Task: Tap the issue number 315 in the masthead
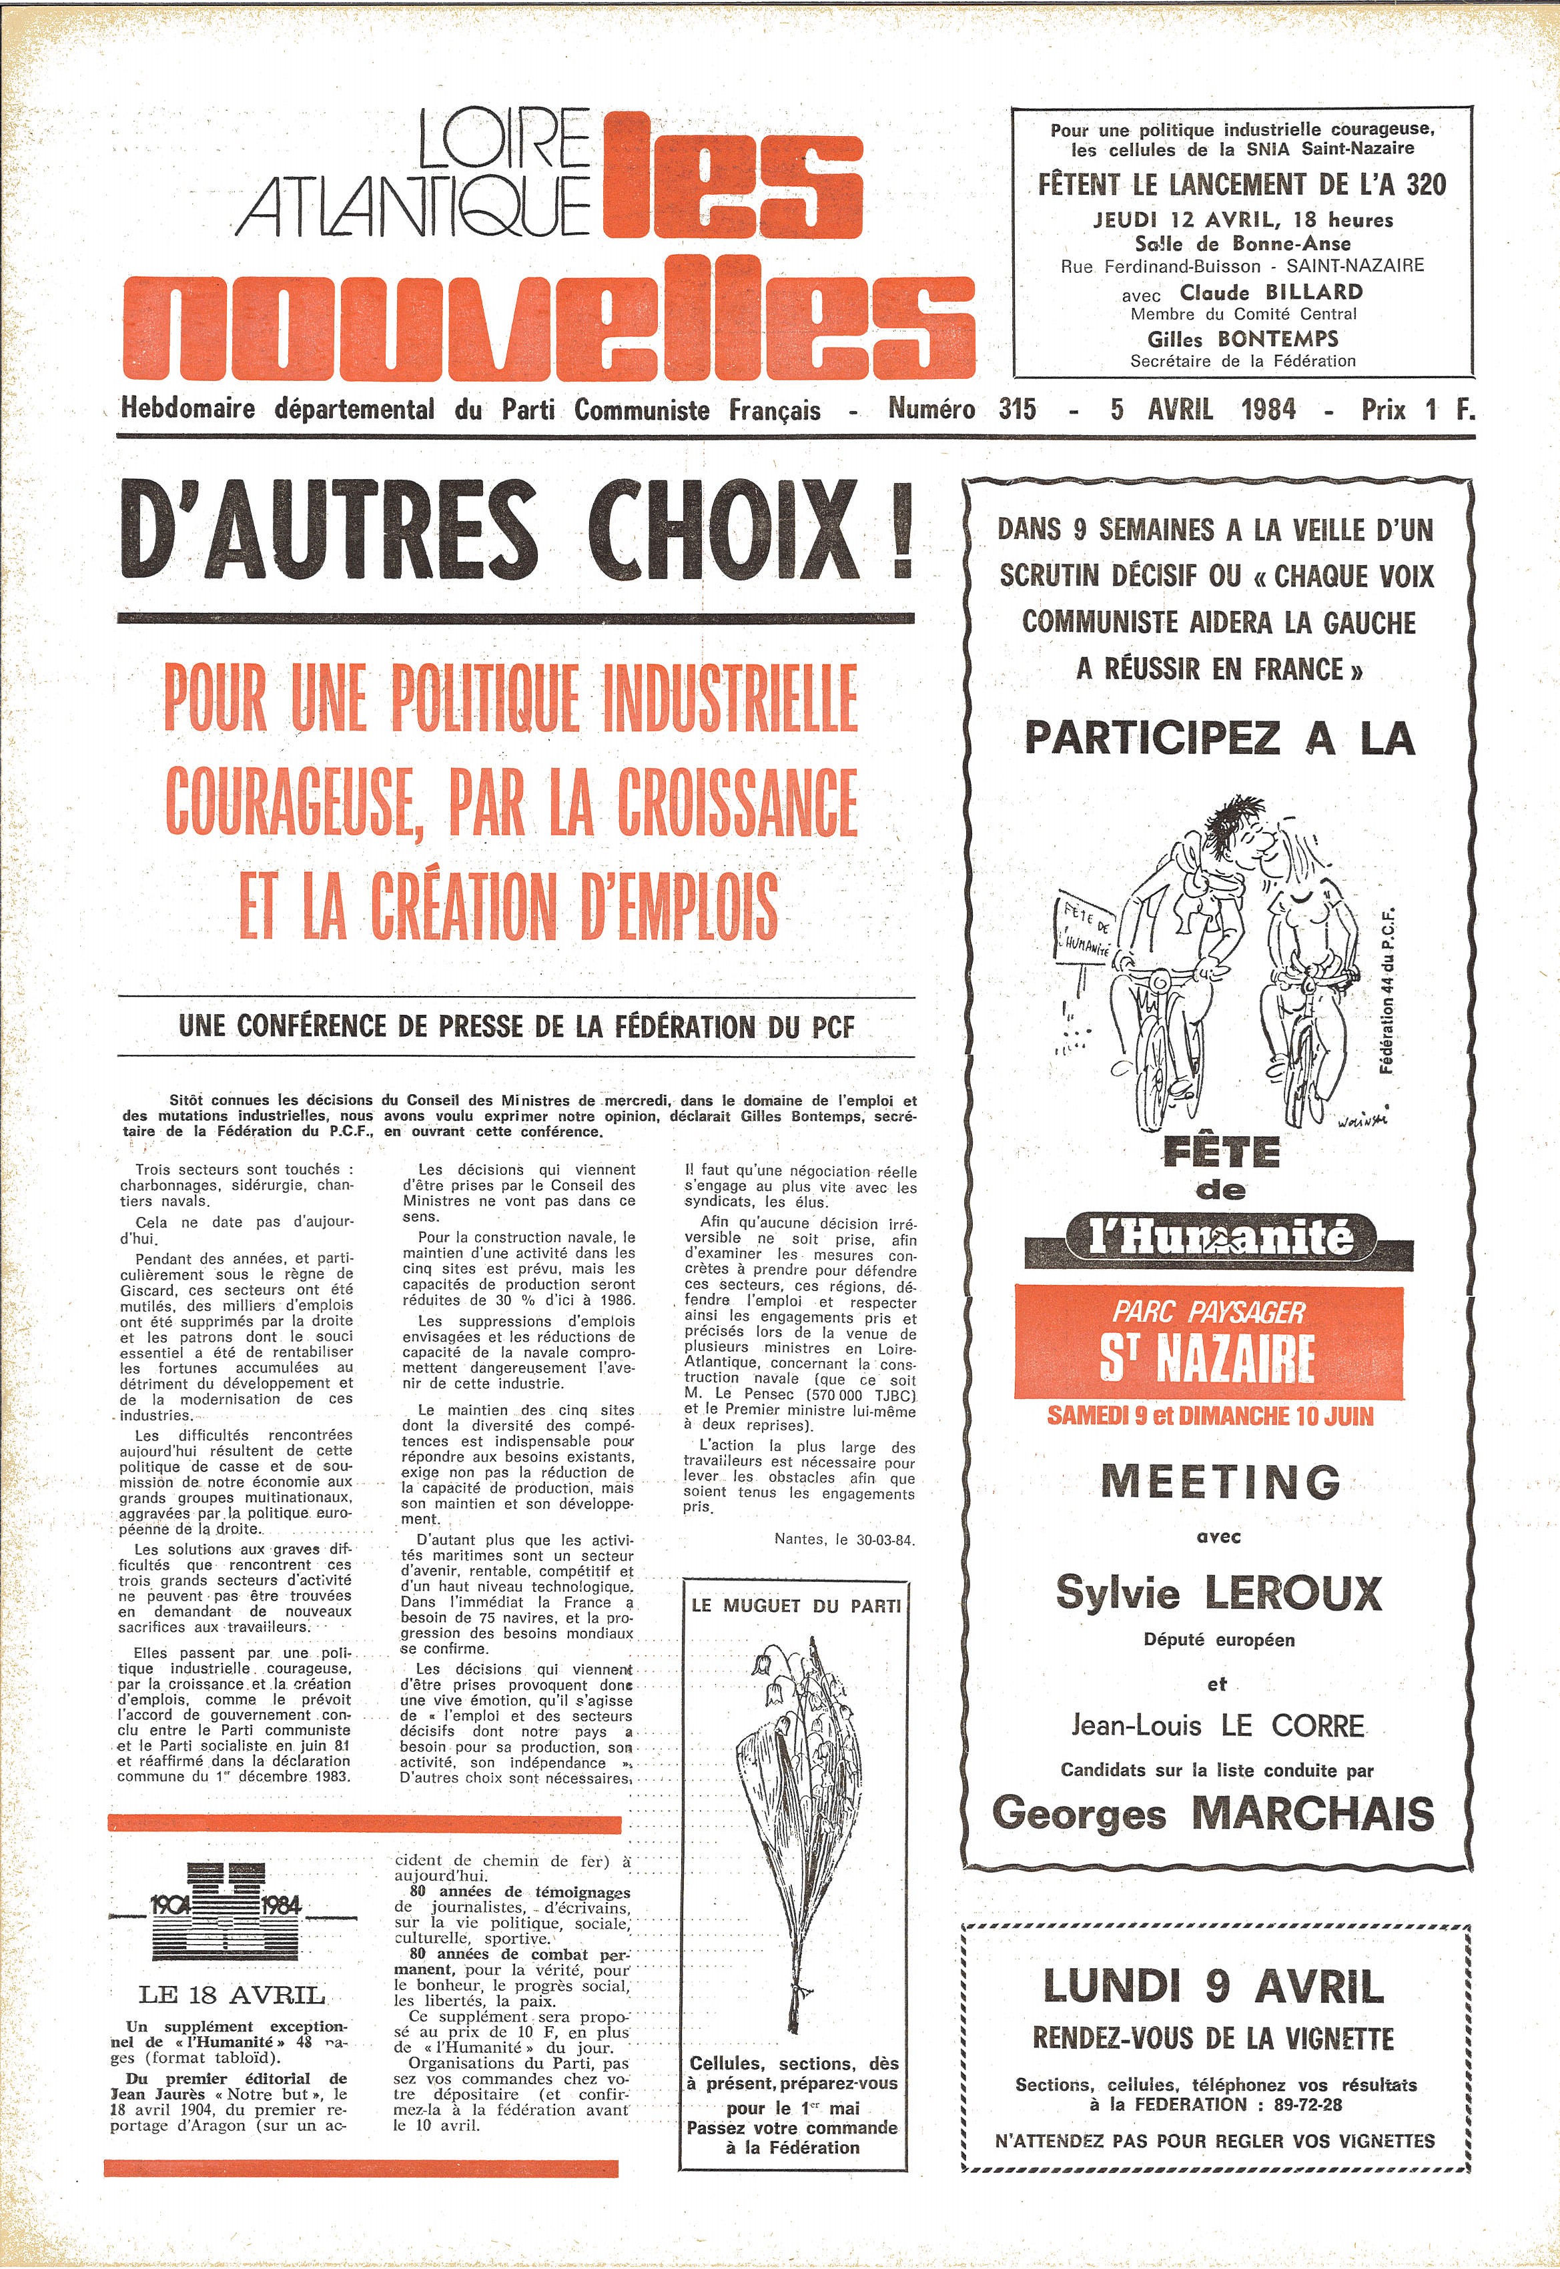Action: tap(1017, 410)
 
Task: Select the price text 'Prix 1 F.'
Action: tap(1417, 410)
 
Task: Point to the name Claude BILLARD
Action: tap(1270, 292)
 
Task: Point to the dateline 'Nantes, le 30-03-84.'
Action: tap(843, 1540)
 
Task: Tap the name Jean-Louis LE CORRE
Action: tap(1217, 1726)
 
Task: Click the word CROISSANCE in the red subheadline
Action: tap(723, 804)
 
